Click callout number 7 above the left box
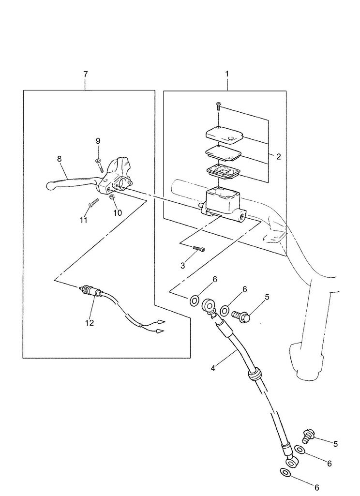(86, 74)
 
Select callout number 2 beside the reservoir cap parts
(278, 157)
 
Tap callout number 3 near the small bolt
(182, 266)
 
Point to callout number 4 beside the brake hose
(213, 368)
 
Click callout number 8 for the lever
(60, 159)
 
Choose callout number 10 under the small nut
(118, 213)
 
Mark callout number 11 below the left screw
(83, 220)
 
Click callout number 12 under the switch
(90, 323)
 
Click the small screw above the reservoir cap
(218, 106)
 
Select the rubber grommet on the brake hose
(255, 374)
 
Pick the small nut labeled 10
(112, 197)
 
